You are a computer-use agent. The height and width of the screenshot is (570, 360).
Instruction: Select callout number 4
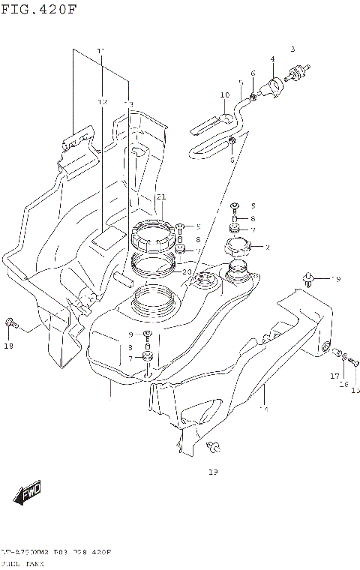272,58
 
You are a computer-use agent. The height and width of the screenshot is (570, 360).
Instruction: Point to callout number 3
293,49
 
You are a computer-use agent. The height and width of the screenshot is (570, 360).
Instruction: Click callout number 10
224,95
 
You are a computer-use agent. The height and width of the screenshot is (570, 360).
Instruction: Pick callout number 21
160,196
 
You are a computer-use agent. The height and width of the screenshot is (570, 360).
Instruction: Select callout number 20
187,271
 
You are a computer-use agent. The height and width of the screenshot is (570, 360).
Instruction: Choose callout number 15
355,389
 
